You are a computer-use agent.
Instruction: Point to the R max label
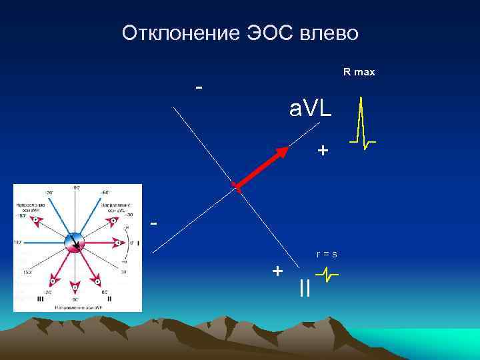tap(359, 72)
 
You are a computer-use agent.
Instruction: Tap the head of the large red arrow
tap(283, 151)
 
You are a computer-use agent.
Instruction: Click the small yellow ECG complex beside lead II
tap(327, 273)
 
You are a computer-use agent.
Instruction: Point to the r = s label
tap(327, 254)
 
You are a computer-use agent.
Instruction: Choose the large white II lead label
tap(305, 288)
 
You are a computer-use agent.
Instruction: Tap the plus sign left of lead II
tap(277, 271)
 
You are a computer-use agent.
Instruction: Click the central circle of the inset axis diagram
tap(75, 243)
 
